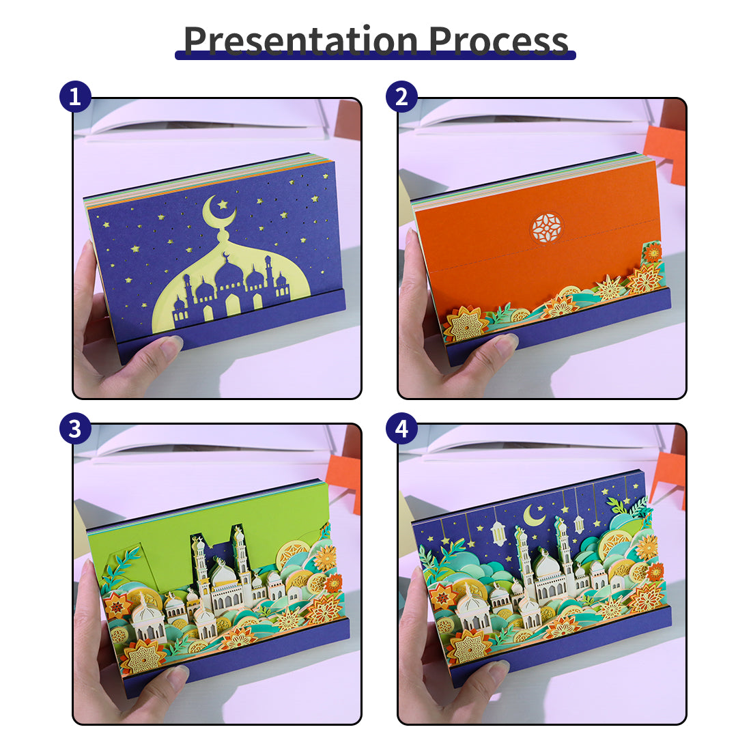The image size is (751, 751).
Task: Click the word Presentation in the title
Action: (x=301, y=40)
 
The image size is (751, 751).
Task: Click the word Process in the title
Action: (x=498, y=40)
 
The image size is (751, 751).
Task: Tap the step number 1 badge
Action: (x=75, y=97)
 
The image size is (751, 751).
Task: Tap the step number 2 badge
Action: (x=401, y=97)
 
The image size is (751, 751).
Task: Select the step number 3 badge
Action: (x=75, y=428)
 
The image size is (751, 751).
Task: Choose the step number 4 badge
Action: (x=401, y=428)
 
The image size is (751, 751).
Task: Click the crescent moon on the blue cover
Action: (x=216, y=213)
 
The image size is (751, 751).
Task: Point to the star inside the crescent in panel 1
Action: (x=223, y=205)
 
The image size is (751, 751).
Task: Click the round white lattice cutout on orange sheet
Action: (x=546, y=227)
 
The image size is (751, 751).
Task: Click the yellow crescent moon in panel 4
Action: (x=533, y=515)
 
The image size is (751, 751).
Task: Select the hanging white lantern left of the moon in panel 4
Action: (x=498, y=533)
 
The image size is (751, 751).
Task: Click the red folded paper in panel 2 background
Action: (x=666, y=143)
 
